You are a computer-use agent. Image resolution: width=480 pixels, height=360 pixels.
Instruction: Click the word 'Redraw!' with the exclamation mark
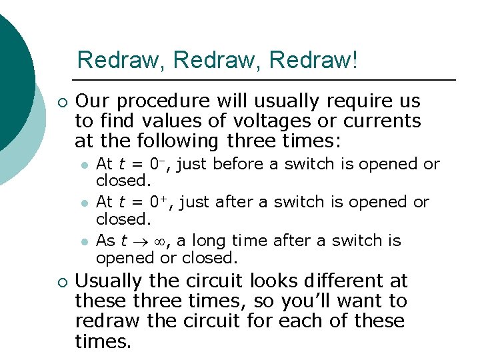click(314, 60)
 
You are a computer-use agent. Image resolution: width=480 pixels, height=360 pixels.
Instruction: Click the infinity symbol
click(159, 241)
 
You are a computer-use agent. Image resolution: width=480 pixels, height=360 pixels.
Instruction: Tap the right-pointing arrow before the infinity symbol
click(141, 241)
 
